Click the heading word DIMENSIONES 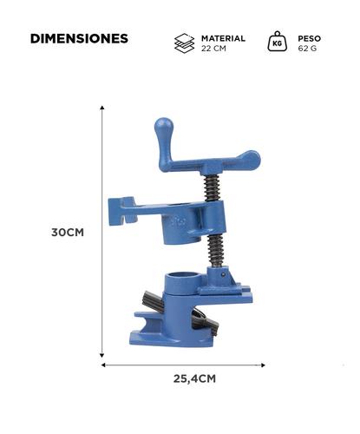tap(79, 39)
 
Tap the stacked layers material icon tap(184, 43)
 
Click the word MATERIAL tap(223, 39)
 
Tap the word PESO tap(311, 39)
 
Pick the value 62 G tap(308, 49)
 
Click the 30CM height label tap(68, 233)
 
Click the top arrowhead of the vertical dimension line tap(103, 108)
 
